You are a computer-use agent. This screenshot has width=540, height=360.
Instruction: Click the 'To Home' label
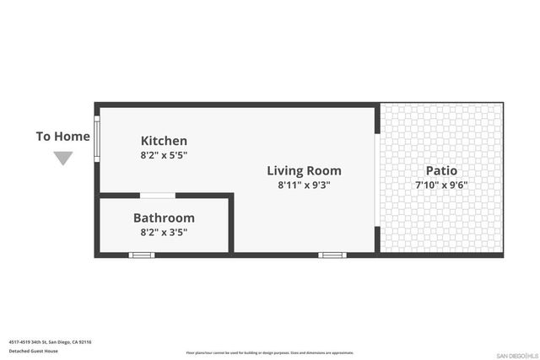point(62,137)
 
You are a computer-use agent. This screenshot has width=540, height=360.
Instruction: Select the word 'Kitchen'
point(164,141)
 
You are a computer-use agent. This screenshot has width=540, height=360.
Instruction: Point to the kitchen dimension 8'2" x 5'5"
point(164,155)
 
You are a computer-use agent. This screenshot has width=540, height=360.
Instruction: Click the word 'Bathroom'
point(164,218)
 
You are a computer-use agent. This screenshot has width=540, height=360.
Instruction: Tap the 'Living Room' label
point(304,170)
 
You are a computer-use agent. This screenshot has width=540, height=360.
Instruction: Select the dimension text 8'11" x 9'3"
point(304,185)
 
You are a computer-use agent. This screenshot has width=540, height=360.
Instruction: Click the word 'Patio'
point(441,170)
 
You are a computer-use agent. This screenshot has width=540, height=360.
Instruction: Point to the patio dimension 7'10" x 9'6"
point(441,185)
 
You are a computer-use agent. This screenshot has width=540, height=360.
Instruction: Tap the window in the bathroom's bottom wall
point(142,255)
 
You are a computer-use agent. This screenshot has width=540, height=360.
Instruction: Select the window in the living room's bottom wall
point(331,255)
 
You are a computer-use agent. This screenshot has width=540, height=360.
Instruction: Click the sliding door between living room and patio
point(377,180)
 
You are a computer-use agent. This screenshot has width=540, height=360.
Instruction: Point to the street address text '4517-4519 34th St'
point(50,342)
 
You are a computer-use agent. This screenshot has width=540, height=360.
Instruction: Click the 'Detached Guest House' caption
point(34,351)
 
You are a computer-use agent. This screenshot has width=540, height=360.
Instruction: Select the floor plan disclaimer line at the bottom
point(270,352)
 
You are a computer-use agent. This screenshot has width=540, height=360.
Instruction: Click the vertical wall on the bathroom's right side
point(230,224)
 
